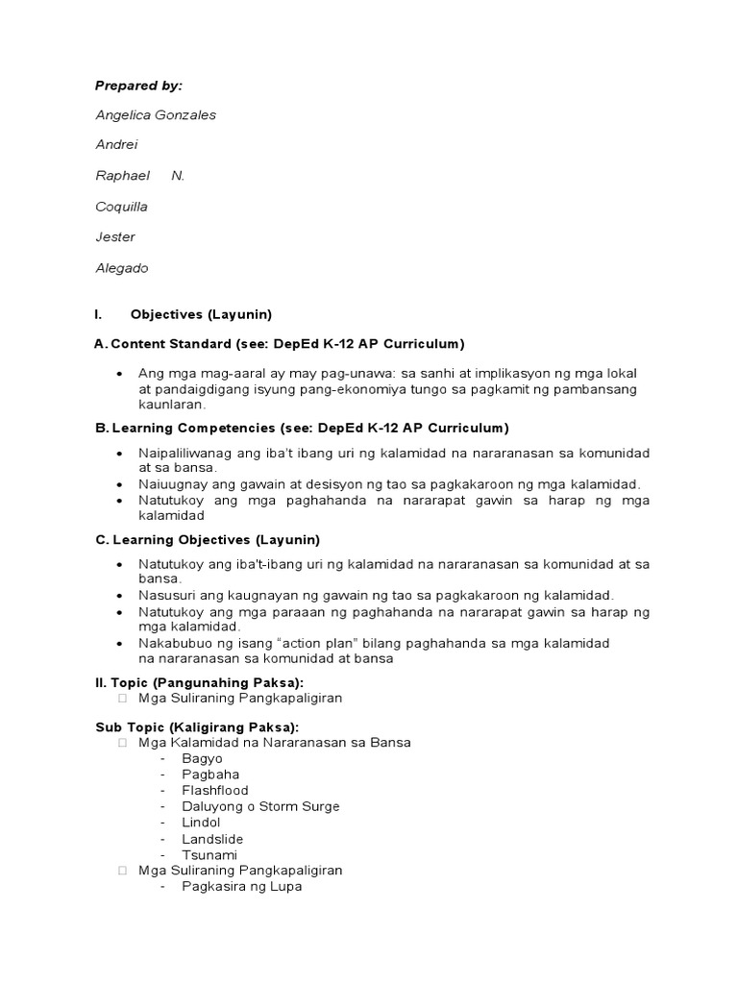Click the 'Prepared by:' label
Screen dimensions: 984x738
[x=138, y=86]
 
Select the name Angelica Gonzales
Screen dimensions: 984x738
[x=156, y=115]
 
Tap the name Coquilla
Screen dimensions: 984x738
[x=121, y=207]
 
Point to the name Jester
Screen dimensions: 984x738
[x=115, y=237]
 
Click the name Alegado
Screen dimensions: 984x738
[x=122, y=268]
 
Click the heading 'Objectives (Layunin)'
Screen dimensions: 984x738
[x=201, y=314]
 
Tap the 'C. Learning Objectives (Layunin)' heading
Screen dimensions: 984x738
[x=207, y=540]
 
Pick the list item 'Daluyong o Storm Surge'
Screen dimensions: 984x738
[x=260, y=806]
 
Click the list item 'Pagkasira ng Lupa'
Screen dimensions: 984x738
[x=242, y=886]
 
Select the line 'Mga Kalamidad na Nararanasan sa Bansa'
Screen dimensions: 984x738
[x=275, y=742]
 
